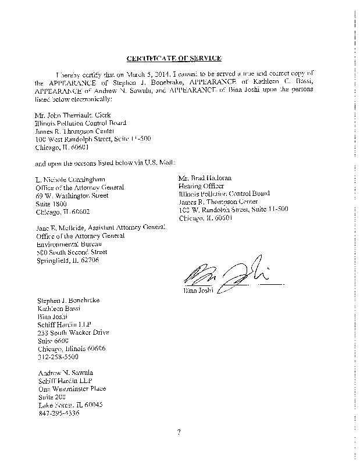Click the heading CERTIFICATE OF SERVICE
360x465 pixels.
tap(173, 59)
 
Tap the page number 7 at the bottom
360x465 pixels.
tap(180, 431)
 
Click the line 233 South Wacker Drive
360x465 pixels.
tap(72, 333)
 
